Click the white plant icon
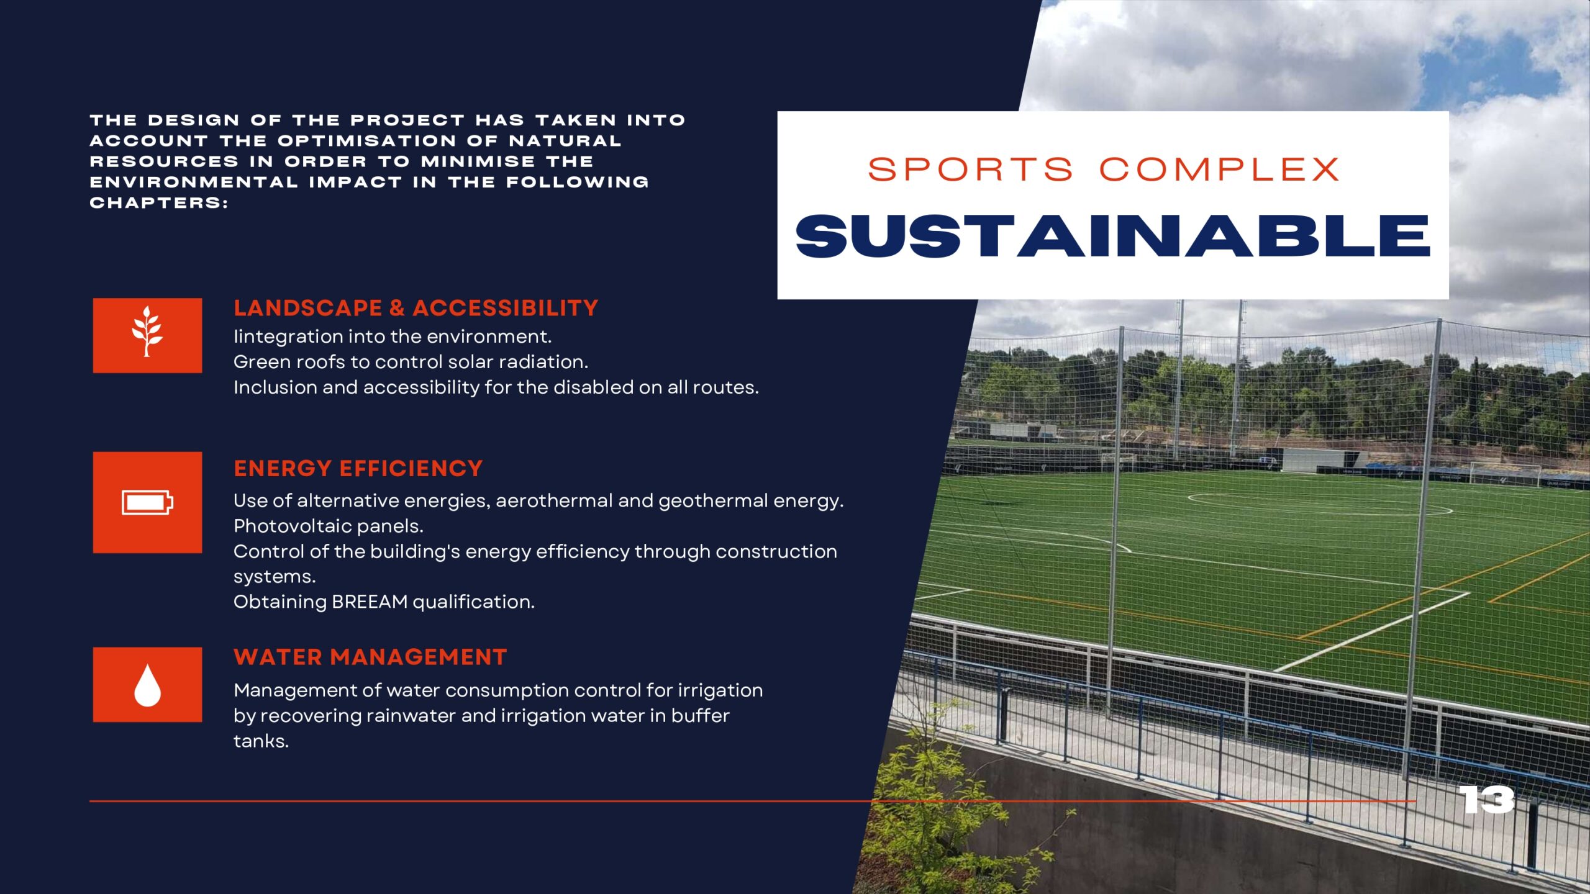147,332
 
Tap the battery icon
147,502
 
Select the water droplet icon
147,685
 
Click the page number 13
1486,800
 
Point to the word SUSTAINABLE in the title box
1113,236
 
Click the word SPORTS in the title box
971,169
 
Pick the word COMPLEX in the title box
1219,169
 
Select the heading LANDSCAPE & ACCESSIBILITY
416,308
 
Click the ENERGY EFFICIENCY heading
358,468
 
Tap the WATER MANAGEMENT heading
371,657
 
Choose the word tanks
261,741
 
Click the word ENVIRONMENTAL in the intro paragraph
194,183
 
